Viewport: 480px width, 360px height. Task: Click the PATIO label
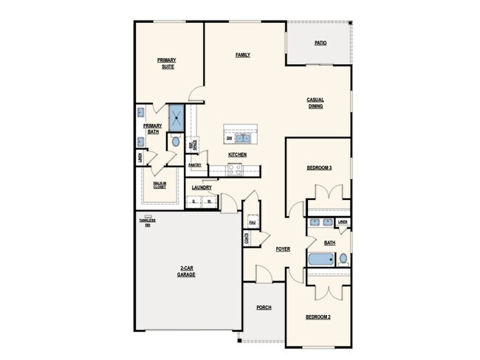coord(320,44)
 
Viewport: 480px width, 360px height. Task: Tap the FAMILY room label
coord(242,55)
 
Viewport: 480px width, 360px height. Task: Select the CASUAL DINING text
coord(315,103)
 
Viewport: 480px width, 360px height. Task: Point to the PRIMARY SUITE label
coord(167,63)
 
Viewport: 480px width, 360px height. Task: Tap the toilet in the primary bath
coord(174,141)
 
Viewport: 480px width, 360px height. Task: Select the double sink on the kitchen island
coord(244,137)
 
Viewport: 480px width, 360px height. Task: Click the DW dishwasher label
coord(230,138)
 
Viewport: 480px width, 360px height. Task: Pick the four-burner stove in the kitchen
coord(234,168)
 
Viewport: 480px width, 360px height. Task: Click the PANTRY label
coord(194,165)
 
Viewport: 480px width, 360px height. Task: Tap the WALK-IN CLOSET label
coord(160,185)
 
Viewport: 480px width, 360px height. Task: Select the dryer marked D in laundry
coord(193,201)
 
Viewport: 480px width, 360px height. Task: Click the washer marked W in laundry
coord(209,201)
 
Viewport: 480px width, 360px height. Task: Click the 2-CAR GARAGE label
coord(185,271)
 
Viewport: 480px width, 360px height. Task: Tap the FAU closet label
coord(252,222)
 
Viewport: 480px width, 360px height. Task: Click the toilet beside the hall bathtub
coord(343,259)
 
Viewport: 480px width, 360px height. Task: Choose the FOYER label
coord(283,249)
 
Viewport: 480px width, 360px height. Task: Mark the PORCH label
coord(264,307)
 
